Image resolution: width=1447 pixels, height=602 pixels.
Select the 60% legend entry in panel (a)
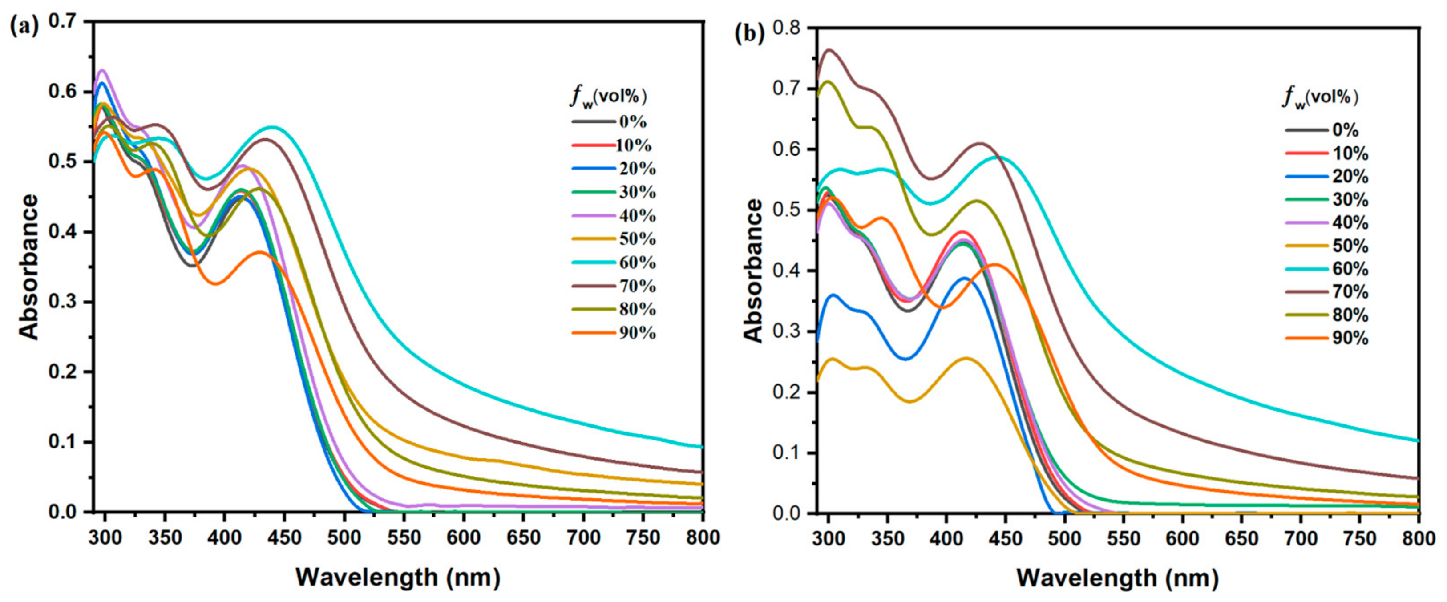(637, 262)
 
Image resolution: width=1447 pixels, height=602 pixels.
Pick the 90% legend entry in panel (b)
(1350, 338)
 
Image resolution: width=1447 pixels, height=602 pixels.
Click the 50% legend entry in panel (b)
(1350, 246)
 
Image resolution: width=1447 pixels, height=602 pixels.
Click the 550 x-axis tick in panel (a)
(404, 538)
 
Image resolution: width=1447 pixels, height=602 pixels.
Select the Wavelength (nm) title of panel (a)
(398, 577)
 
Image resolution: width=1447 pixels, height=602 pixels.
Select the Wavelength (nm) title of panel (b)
(1117, 578)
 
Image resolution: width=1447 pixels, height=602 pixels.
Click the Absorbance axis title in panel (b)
(754, 271)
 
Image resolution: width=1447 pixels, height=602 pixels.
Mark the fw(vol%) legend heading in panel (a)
(608, 97)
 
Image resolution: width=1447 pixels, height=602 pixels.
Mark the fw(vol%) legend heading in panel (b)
(1320, 98)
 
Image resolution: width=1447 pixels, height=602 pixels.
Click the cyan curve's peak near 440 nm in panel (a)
(272, 127)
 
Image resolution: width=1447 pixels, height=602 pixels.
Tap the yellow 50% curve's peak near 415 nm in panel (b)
(966, 358)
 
